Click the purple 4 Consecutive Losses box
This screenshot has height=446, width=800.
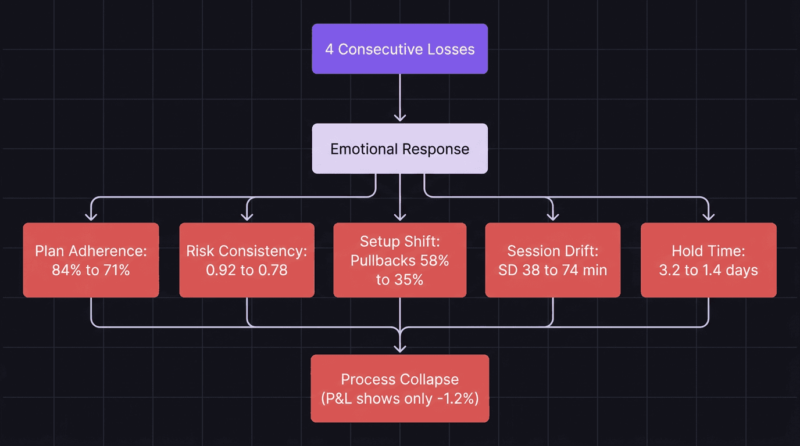coord(399,49)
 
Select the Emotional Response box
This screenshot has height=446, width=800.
coord(399,149)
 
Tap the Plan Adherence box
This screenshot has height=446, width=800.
coord(91,260)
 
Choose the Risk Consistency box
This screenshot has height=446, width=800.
coord(247,260)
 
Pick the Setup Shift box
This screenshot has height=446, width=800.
coord(399,260)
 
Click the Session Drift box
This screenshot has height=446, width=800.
coord(552,260)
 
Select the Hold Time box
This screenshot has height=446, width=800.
coord(708,260)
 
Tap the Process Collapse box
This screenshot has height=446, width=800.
coord(399,389)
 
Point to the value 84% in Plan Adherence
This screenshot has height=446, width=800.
coord(65,270)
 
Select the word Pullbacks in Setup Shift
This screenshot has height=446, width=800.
coord(384,261)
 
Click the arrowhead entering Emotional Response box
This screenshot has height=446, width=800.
coord(399,118)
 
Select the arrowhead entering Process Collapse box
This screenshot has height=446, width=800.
coord(399,349)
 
